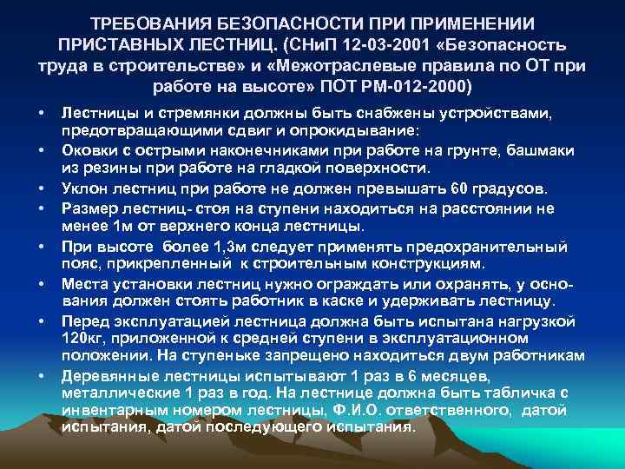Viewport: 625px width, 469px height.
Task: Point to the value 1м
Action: pyautogui.click(x=121, y=228)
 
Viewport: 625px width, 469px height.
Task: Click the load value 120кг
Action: pyautogui.click(x=81, y=339)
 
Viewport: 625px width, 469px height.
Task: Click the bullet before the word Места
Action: pyautogui.click(x=40, y=284)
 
